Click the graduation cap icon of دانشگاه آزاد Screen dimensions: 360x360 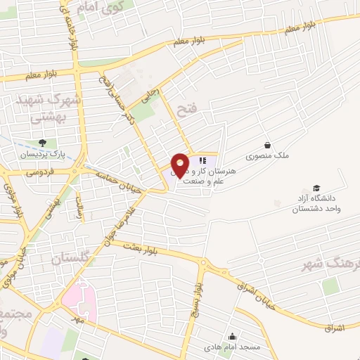(x=316, y=188)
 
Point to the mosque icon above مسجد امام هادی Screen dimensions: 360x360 (x=233, y=336)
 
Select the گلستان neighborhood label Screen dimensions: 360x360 (x=72, y=259)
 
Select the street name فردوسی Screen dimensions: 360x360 (x=40, y=171)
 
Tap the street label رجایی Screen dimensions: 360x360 (x=149, y=95)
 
